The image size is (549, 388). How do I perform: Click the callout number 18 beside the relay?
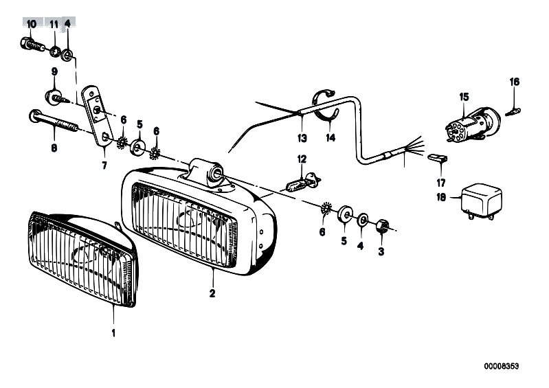click(x=441, y=197)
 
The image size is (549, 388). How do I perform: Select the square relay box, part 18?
click(x=482, y=202)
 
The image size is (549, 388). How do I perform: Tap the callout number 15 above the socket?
click(x=464, y=97)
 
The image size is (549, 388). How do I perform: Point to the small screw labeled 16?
click(x=513, y=112)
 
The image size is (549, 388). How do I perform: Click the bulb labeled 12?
click(x=303, y=183)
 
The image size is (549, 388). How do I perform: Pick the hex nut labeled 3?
click(x=382, y=226)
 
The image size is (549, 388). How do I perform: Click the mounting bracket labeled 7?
click(x=98, y=117)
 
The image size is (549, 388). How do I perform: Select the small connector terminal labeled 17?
click(x=437, y=157)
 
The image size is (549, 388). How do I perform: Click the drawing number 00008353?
click(x=502, y=366)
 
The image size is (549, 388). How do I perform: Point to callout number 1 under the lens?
click(x=113, y=333)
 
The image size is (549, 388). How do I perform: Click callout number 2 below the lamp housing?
click(x=212, y=293)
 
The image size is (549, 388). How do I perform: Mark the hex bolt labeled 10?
click(x=32, y=45)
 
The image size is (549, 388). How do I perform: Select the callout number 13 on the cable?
click(x=302, y=138)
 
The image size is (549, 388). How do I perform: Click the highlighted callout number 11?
click(x=54, y=25)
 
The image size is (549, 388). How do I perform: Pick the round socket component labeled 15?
click(x=473, y=124)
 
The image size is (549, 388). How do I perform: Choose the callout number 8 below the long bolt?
click(x=54, y=148)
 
